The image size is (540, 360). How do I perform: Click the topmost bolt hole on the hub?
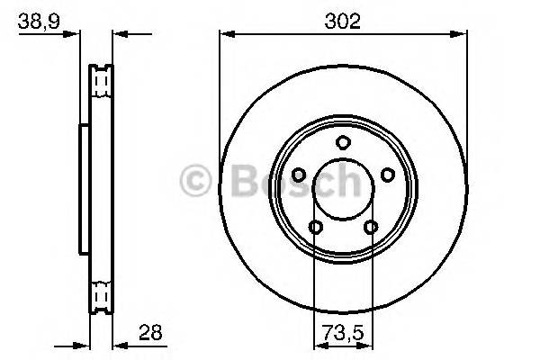pos(343,141)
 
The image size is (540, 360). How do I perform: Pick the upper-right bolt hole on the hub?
pos(388,175)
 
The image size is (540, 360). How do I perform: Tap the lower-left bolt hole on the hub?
pos(315,227)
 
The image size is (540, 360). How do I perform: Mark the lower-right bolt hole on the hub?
pos(371,227)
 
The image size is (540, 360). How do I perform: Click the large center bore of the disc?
pos(343,189)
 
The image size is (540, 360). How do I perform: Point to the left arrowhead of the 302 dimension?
pos(227,35)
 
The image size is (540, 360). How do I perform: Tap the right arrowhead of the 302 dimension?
pos(461,35)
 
